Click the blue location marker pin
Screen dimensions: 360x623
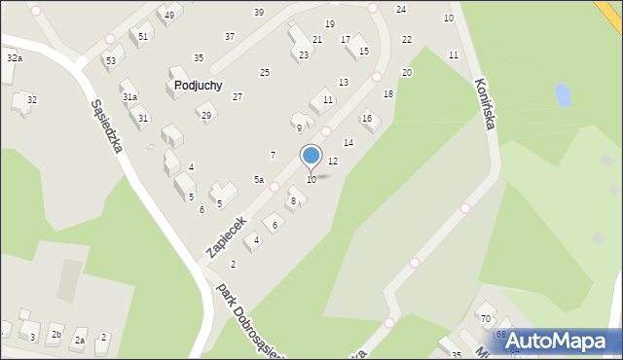point(311,156)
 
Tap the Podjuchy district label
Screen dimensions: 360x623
point(199,86)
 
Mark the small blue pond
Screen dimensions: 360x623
point(562,95)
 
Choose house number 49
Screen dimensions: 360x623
point(169,16)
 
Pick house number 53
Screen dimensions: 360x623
point(111,61)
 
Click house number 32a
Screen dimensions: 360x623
point(14,59)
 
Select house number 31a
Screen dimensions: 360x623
point(129,97)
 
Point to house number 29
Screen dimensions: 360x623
point(205,116)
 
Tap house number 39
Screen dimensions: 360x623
point(258,12)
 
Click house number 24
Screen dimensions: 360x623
point(400,9)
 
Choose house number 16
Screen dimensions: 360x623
point(367,118)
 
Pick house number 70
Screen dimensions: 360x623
point(485,319)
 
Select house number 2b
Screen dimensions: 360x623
point(56,336)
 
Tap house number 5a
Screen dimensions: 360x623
point(259,180)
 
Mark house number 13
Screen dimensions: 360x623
point(344,83)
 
